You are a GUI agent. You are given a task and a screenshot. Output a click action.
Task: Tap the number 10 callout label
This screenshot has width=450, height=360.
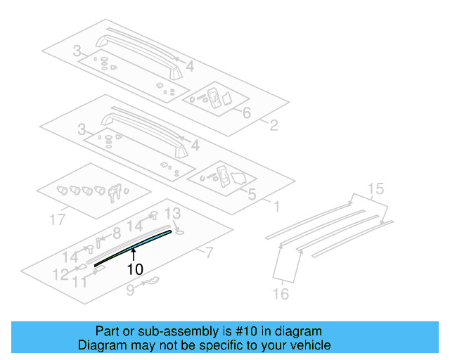tap(134, 269)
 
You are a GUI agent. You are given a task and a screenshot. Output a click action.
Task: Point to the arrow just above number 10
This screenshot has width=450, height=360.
tap(132, 254)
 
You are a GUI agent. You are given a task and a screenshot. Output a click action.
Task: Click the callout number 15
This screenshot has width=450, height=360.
tap(376, 188)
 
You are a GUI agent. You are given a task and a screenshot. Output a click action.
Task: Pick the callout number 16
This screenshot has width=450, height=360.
tap(281, 294)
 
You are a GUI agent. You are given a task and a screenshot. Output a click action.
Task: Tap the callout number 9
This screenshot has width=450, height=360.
tap(130, 288)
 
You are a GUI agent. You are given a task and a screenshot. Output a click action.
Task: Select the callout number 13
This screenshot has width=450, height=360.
tap(172, 213)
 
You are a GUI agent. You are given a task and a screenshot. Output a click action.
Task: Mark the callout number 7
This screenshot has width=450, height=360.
tap(208, 252)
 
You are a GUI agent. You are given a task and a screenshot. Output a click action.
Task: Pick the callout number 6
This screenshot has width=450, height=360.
tap(246, 112)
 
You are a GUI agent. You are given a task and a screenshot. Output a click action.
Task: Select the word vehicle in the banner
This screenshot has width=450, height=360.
tap(311, 345)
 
